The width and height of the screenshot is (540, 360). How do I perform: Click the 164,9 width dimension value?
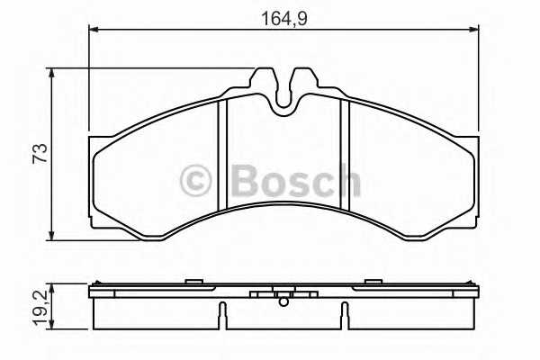(x=284, y=18)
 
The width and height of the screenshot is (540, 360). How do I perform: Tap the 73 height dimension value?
(x=40, y=153)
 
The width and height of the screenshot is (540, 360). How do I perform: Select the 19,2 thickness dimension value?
(x=40, y=307)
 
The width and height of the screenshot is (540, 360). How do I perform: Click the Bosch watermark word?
(x=296, y=181)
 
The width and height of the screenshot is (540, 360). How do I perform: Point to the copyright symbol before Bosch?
(x=195, y=181)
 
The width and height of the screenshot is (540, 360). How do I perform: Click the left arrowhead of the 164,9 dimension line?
(x=94, y=30)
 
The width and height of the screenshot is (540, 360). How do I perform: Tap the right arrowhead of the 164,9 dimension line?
(x=474, y=30)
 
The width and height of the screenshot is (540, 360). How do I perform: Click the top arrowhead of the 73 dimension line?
(x=51, y=73)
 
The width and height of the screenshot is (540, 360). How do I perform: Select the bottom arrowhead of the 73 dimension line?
(x=51, y=235)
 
